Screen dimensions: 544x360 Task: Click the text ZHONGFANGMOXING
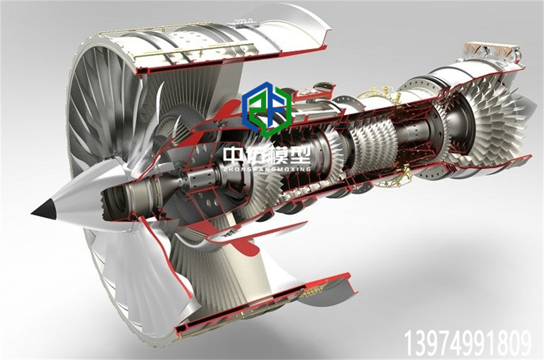pyautogui.click(x=267, y=169)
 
